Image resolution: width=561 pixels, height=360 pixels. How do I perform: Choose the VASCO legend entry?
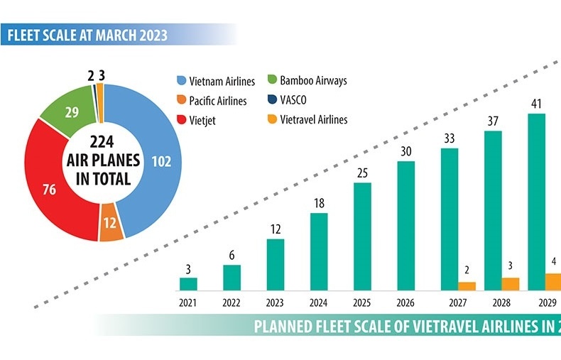[298, 100]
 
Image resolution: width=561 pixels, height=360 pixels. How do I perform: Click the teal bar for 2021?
[188, 284]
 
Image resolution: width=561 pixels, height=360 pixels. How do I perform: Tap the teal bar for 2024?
[320, 252]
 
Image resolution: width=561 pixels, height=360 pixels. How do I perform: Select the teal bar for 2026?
[406, 226]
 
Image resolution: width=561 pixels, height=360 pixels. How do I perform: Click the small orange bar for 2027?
[467, 286]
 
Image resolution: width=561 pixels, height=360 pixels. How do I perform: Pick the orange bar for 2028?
[511, 284]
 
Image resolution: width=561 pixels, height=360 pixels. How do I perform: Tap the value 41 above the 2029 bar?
[537, 104]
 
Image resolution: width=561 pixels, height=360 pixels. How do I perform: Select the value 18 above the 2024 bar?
[320, 203]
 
